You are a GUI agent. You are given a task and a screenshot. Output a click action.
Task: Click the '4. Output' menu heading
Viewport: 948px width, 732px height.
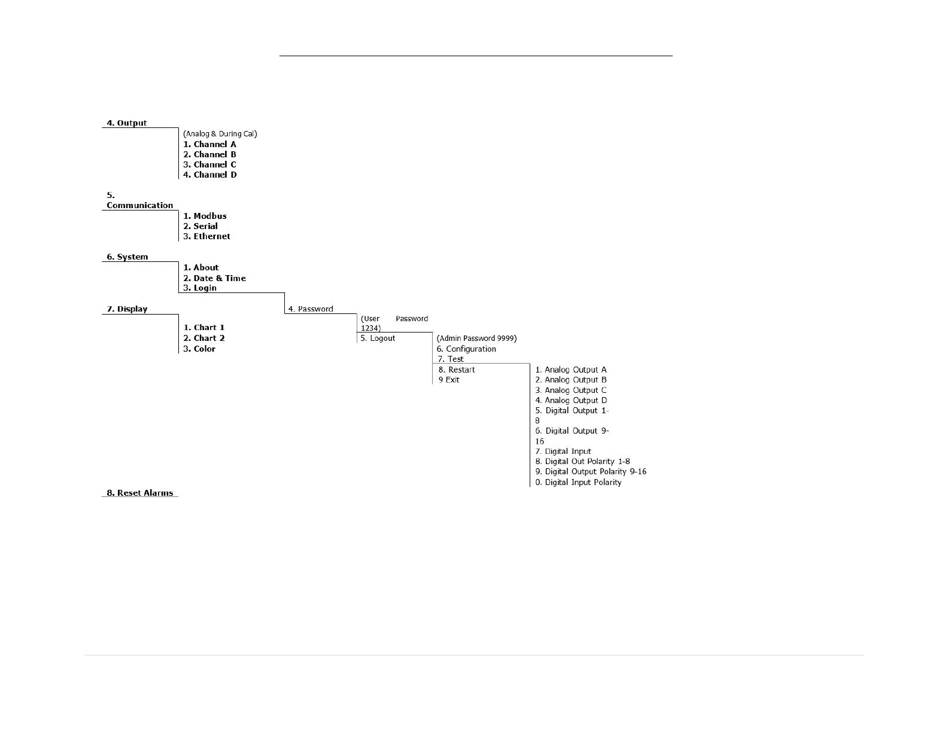click(x=126, y=123)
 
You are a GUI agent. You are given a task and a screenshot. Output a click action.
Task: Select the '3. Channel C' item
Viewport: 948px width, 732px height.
click(x=209, y=164)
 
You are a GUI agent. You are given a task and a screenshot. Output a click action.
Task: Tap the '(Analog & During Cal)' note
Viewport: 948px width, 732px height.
click(x=220, y=134)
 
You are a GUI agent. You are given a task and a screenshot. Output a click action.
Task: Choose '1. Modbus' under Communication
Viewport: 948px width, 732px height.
click(x=205, y=216)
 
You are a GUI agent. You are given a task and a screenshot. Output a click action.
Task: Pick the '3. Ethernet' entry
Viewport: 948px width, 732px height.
click(x=206, y=236)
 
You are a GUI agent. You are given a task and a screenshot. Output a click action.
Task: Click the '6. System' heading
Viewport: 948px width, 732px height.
click(x=127, y=257)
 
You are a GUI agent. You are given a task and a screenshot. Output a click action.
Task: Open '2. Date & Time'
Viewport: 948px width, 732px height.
click(x=214, y=278)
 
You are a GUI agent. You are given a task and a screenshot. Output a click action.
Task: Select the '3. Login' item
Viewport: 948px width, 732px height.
click(x=200, y=288)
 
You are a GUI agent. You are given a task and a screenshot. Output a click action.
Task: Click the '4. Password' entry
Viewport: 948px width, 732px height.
click(x=311, y=309)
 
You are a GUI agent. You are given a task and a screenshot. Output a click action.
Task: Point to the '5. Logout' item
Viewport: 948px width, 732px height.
click(x=378, y=338)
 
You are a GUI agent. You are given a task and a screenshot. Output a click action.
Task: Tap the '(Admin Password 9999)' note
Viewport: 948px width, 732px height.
click(x=476, y=338)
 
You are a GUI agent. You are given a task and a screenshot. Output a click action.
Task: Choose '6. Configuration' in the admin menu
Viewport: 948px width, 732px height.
click(x=466, y=349)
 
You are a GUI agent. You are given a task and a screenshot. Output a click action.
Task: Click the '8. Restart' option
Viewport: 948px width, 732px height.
click(x=457, y=370)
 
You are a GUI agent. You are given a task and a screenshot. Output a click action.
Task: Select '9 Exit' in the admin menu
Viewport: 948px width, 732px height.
click(x=449, y=380)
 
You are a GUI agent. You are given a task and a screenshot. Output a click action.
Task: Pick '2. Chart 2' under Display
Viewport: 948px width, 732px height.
click(x=204, y=338)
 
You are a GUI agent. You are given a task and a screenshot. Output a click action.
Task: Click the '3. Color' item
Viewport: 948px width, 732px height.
click(x=199, y=349)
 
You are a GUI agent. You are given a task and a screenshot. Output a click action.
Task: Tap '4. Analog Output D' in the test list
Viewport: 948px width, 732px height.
click(x=571, y=400)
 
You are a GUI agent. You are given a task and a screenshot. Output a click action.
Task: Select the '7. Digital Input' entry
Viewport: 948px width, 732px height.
click(x=563, y=452)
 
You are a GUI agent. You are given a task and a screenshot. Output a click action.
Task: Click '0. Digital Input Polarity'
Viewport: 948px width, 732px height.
click(x=578, y=482)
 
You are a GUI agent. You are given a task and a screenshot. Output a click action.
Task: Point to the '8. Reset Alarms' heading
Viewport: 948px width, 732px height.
click(x=139, y=493)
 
